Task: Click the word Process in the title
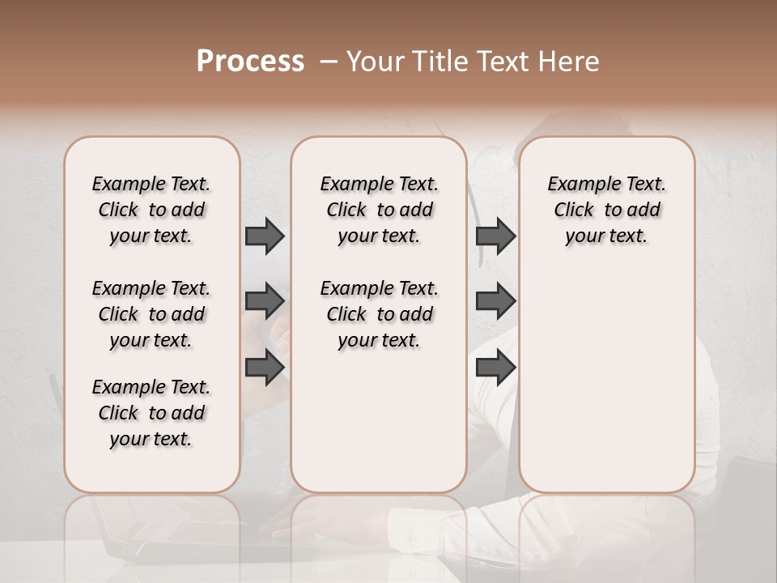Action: pos(250,62)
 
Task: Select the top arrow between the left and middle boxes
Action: pos(265,236)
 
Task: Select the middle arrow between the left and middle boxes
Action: pos(265,301)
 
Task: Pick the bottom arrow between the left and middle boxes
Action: pos(265,367)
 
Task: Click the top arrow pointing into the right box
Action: pos(495,236)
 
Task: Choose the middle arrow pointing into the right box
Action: pos(495,301)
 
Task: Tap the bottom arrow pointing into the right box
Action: pos(495,367)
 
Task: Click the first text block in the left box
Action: pos(151,210)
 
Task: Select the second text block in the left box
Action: pos(151,314)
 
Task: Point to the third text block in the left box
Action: pos(151,413)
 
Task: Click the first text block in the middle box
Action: pos(379,210)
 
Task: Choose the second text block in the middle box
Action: pos(379,314)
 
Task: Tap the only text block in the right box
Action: pos(606,210)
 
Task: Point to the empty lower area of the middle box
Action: pos(379,421)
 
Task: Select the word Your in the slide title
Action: pos(372,62)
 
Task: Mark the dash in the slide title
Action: pos(329,62)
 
